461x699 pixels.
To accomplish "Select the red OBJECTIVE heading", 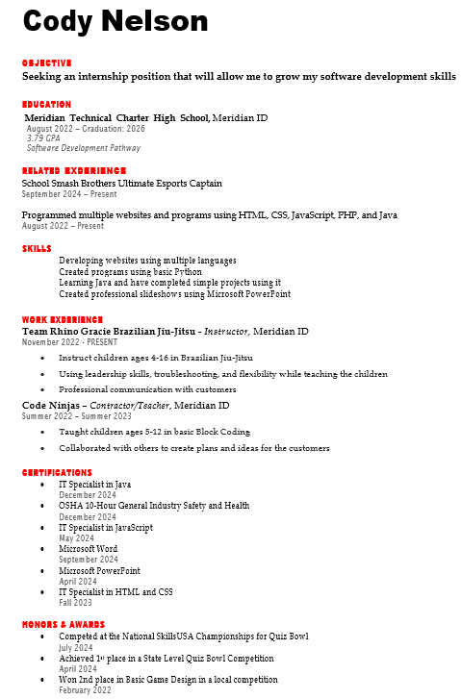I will click(47, 62).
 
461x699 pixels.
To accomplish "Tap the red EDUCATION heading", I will click(47, 104).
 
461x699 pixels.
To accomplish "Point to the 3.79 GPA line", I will click(43, 138).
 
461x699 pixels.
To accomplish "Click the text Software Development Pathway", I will click(84, 148).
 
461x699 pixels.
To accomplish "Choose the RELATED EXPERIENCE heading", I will click(74, 170).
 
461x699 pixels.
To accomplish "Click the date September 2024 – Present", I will click(64, 193).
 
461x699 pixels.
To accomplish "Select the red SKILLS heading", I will click(38, 248).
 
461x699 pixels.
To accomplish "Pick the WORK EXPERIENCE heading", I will click(63, 319).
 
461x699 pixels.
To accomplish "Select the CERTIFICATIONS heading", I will click(58, 472).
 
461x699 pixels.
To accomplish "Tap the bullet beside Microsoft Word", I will click(42, 549).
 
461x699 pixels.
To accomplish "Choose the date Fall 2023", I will click(76, 603).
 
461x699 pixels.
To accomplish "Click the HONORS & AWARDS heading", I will click(63, 624).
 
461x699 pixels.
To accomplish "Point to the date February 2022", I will click(86, 690).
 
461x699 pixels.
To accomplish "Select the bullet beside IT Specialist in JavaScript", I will click(42, 528).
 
